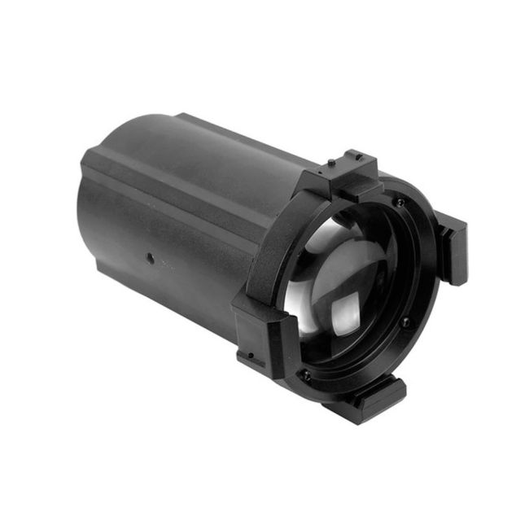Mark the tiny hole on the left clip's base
click(251, 356)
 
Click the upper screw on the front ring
click(399, 202)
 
